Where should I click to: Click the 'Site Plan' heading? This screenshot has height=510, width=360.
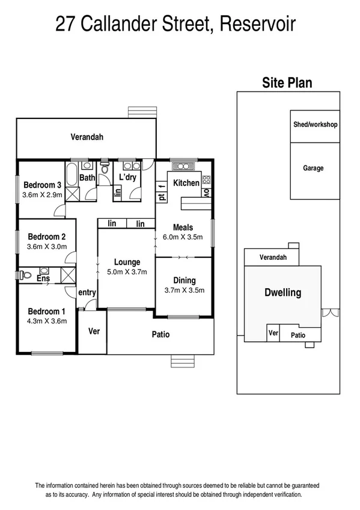[x=287, y=83]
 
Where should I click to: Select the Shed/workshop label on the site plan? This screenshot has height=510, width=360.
[x=315, y=125]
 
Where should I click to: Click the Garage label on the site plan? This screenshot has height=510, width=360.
[x=313, y=168]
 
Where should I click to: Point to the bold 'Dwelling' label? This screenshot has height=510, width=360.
[x=282, y=293]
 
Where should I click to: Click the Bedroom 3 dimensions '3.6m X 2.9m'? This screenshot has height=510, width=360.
[x=42, y=195]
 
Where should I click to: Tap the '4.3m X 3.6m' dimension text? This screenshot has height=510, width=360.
[x=46, y=321]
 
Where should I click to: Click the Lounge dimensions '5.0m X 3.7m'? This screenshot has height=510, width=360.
[x=127, y=272]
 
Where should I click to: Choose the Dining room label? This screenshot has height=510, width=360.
[x=184, y=280]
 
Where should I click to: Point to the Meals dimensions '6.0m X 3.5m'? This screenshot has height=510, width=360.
[x=183, y=237]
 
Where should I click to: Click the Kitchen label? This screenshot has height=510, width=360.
[x=186, y=183]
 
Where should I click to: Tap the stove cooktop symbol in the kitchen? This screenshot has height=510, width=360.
[x=206, y=180]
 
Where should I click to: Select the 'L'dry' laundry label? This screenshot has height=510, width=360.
[x=127, y=177]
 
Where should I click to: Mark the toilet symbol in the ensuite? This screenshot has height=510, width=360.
[x=25, y=275]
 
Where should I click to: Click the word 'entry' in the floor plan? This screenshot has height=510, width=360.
[x=87, y=292]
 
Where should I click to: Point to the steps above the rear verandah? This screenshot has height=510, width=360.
[x=142, y=112]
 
